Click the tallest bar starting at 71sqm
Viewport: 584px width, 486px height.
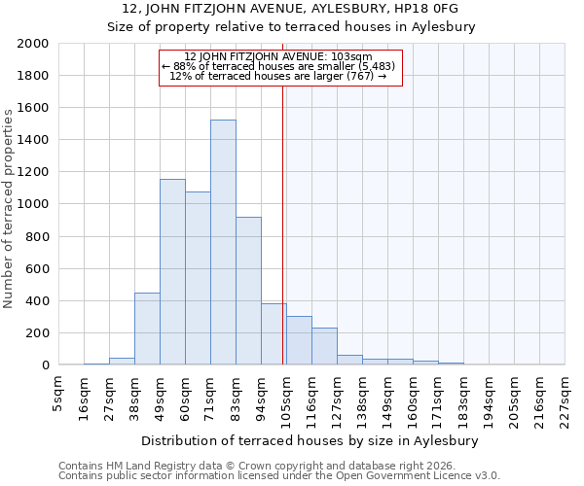coord(223,243)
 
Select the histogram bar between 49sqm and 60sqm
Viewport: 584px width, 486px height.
coord(172,272)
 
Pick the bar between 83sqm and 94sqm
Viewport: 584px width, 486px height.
coord(248,292)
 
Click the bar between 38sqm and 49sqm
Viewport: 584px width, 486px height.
coord(147,330)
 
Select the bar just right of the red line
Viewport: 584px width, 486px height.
coord(299,341)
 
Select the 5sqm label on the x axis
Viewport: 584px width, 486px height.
coord(58,392)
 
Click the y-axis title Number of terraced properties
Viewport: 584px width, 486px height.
coord(9,208)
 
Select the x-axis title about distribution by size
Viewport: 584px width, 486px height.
coord(315,440)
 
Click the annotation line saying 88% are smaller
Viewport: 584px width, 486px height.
coord(280,66)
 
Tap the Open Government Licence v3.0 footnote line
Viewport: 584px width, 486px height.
coord(279,475)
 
